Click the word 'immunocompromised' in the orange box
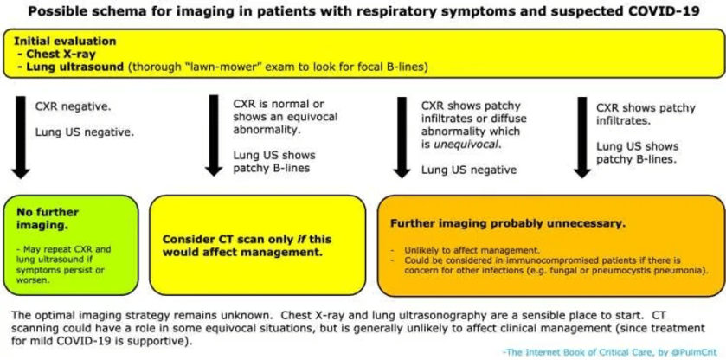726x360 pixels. click(524, 260)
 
